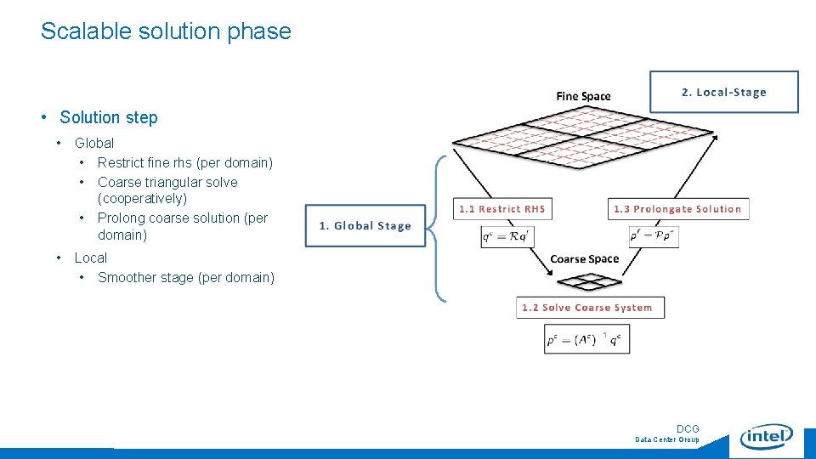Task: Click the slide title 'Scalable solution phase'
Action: [x=166, y=31]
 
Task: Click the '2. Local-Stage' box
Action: [x=724, y=92]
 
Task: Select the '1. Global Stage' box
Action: [x=365, y=226]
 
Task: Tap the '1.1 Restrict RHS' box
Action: [x=502, y=209]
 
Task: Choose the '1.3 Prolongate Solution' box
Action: [x=678, y=209]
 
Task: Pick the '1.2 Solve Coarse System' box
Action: [x=589, y=308]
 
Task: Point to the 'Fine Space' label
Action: [x=583, y=96]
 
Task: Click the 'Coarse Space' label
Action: [x=585, y=259]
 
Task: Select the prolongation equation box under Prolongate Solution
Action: [x=654, y=236]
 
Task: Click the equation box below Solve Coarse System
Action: [x=587, y=340]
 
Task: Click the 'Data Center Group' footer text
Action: [x=667, y=440]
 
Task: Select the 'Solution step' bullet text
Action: [x=109, y=118]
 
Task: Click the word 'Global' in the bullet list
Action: [x=94, y=144]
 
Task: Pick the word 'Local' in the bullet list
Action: [x=91, y=258]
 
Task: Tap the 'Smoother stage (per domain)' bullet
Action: [x=186, y=278]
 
